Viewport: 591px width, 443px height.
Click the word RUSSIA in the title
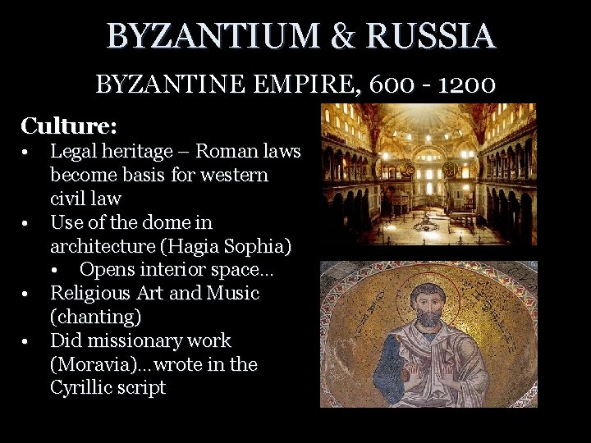pos(430,36)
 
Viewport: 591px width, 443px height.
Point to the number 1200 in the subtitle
pos(465,84)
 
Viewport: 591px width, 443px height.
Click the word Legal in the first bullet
pos(71,152)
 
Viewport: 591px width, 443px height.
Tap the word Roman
pos(222,152)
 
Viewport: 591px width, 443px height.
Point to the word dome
pos(144,222)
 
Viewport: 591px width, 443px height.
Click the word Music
pos(233,293)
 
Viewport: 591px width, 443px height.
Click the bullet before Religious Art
pos(27,293)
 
